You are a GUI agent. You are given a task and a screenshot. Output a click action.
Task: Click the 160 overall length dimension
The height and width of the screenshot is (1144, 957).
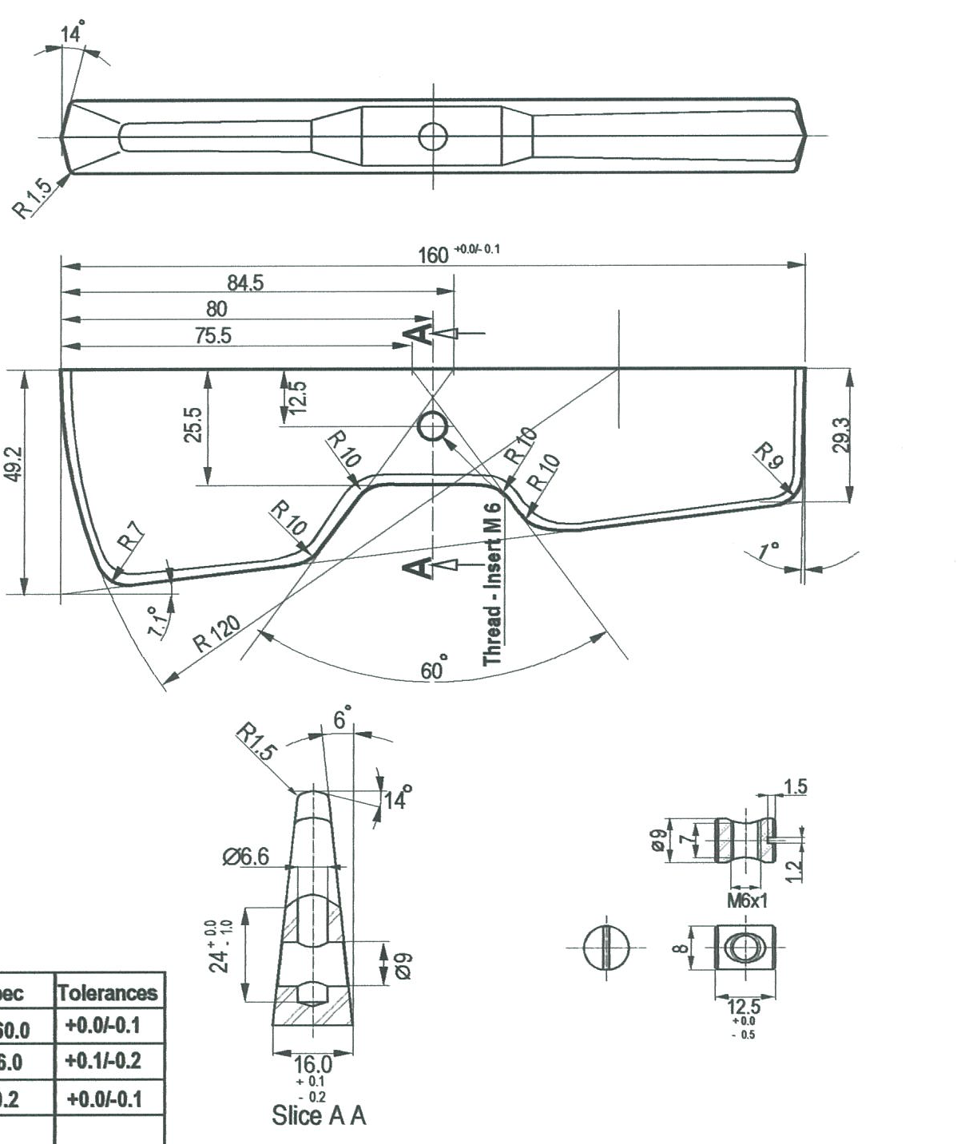click(434, 255)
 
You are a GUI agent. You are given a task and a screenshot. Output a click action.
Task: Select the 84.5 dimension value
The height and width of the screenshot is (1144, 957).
click(245, 283)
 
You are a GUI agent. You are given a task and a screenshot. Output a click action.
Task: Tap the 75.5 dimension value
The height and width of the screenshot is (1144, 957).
click(213, 335)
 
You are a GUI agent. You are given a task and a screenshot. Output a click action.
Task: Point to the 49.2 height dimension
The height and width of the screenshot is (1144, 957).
click(14, 464)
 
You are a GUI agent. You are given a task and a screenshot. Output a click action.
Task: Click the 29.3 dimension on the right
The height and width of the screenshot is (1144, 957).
click(841, 435)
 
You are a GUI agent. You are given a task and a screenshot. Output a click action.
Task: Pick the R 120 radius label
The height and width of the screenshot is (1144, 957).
click(216, 633)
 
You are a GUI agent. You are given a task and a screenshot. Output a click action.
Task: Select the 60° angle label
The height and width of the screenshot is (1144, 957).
click(435, 668)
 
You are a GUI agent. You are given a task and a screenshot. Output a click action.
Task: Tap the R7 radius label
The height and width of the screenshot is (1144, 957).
click(131, 536)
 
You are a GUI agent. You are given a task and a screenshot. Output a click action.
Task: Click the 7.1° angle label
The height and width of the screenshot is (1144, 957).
click(157, 620)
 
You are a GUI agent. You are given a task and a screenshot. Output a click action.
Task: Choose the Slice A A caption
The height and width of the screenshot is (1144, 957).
click(319, 1115)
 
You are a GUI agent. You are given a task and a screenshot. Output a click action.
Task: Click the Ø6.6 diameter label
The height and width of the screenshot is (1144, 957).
click(245, 857)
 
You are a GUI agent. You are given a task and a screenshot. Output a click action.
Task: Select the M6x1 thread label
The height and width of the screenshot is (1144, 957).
click(747, 901)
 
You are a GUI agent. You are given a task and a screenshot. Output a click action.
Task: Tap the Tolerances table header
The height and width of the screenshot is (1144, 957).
click(108, 993)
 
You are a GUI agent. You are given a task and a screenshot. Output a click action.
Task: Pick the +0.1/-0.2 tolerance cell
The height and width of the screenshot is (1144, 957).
click(103, 1061)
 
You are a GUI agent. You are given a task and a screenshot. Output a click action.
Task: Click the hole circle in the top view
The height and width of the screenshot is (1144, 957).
click(433, 137)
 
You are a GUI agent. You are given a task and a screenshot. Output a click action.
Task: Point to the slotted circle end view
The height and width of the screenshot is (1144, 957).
click(606, 948)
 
